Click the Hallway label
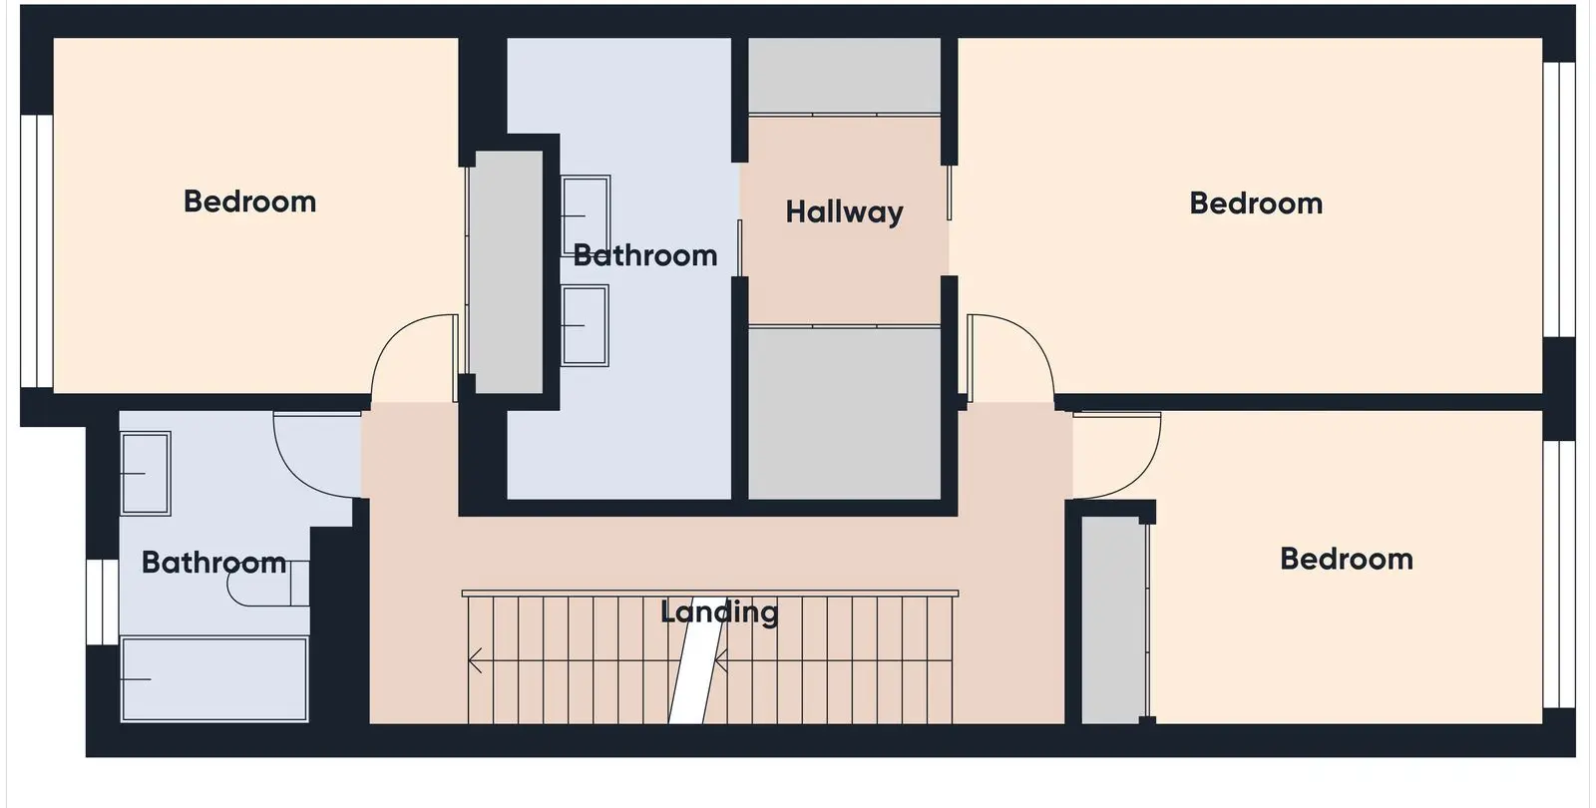(x=844, y=212)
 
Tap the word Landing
(x=719, y=612)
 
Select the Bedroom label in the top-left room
(x=250, y=202)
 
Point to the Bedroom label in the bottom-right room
(x=1347, y=560)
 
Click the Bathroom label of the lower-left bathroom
(x=213, y=563)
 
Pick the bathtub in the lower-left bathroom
(x=214, y=679)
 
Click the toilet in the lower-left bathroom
(x=268, y=583)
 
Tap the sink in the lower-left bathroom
(x=146, y=473)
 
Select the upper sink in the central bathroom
(x=586, y=215)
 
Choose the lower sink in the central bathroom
(x=585, y=325)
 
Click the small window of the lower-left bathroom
(x=103, y=603)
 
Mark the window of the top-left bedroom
(x=36, y=250)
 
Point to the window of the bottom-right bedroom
(x=1559, y=575)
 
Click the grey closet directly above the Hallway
(x=844, y=75)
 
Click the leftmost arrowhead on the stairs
(x=475, y=660)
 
